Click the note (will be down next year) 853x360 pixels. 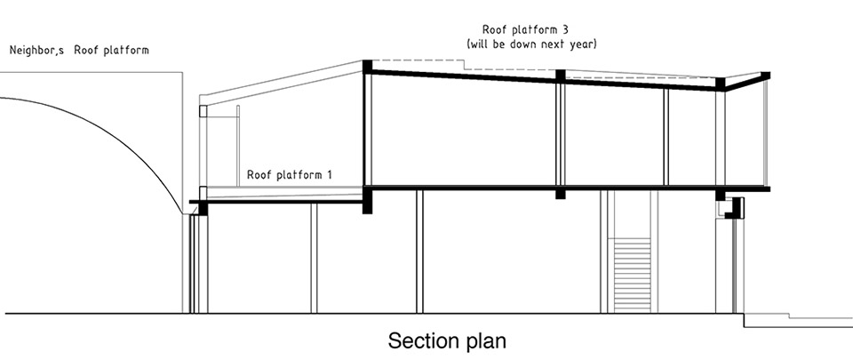pyautogui.click(x=532, y=44)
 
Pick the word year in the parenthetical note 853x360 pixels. pyautogui.click(x=582, y=44)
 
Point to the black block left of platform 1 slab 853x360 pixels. pyautogui.click(x=203, y=208)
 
